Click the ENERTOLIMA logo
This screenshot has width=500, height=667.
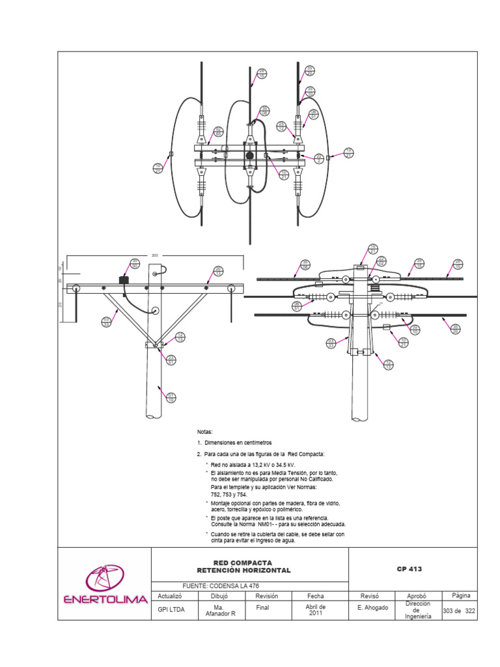click(104, 583)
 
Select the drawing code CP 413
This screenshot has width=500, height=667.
click(410, 569)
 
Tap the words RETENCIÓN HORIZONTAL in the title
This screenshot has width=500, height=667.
click(243, 571)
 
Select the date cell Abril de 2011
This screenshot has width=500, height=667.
click(316, 610)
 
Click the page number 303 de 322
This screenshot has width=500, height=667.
click(460, 610)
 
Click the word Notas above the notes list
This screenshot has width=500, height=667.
click(205, 432)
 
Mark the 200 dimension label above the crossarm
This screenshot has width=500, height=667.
click(155, 256)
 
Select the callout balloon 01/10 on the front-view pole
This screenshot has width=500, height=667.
click(172, 397)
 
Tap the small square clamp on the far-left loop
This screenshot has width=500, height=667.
click(171, 154)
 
